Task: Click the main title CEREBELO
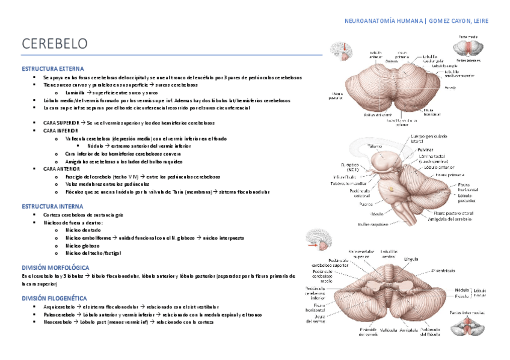55,44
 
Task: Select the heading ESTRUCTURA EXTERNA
52,69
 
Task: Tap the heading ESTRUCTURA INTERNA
52,206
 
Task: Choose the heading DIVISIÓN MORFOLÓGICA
55,267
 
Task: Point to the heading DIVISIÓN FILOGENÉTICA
54,298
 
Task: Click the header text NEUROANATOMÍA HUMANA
383,21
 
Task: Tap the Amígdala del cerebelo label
450,219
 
